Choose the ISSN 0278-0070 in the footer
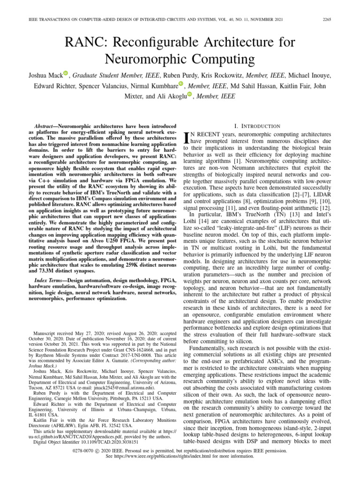[86, 450]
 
